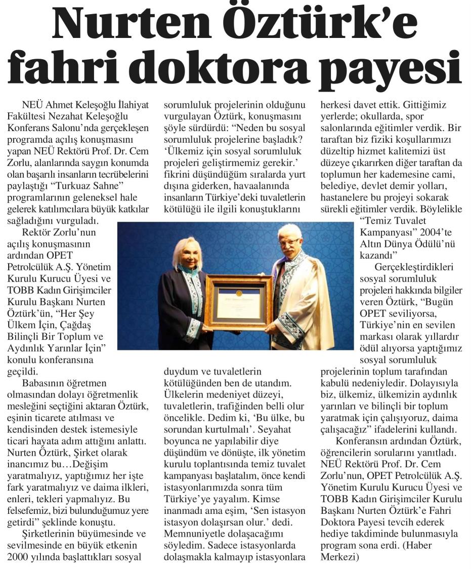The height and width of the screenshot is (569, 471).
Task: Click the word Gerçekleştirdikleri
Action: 415,267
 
